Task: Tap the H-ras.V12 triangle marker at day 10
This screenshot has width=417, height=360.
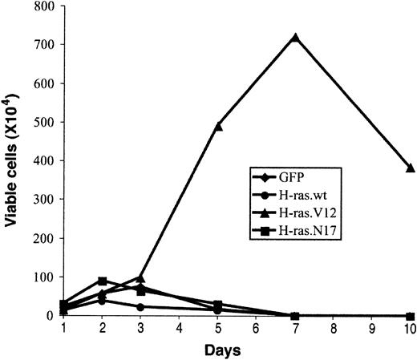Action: (410, 168)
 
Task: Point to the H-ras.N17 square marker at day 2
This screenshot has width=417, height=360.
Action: (103, 281)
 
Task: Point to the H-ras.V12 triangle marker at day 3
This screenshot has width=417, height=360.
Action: (141, 279)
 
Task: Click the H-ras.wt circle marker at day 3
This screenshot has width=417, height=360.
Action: (141, 307)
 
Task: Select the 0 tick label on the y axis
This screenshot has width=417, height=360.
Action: (47, 316)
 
